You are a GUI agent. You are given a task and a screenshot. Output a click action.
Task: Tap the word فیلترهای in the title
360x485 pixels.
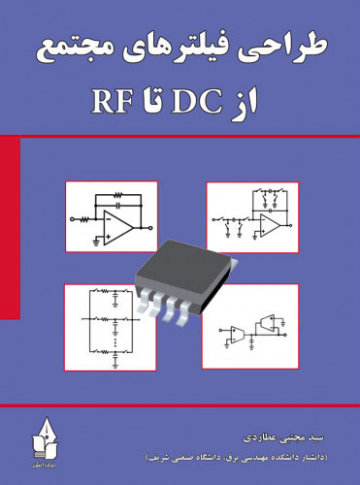[x=193, y=46]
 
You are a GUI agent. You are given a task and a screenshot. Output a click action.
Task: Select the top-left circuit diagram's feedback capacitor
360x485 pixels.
[x=118, y=205]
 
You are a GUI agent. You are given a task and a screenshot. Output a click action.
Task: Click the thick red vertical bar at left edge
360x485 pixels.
[x=10, y=228]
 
